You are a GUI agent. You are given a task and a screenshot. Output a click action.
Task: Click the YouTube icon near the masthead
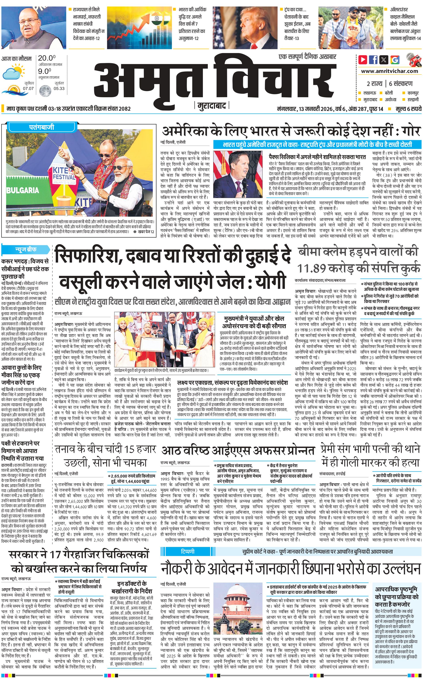[x=363, y=60]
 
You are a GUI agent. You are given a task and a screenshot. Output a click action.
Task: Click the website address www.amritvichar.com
[x=389, y=71]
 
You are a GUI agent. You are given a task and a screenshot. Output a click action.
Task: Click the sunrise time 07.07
[x=28, y=88]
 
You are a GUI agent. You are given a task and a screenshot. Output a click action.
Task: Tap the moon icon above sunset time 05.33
[x=44, y=90]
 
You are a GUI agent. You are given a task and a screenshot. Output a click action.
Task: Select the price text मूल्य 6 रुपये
[x=408, y=109]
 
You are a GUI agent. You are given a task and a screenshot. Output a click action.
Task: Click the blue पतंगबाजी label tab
[x=41, y=128]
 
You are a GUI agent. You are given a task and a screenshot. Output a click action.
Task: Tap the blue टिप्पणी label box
[x=188, y=551]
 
